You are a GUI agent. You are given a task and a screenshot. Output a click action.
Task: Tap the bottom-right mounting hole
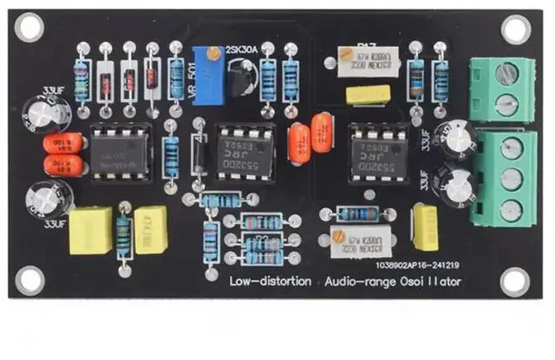point(515,279)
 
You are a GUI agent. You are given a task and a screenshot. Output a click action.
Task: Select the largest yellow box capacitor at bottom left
point(91,230)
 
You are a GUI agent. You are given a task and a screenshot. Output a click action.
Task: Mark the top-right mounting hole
point(515,30)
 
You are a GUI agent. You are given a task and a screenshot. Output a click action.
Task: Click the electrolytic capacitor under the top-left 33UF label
point(40,113)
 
